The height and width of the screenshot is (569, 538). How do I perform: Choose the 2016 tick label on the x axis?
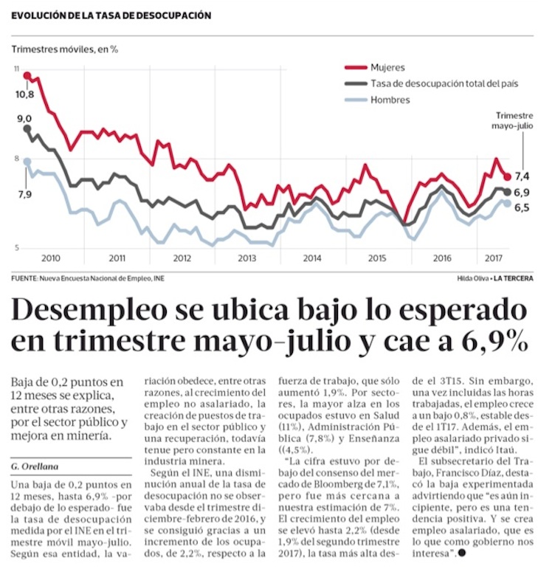coord(441,258)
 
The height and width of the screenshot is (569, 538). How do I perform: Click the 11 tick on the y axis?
coord(16,69)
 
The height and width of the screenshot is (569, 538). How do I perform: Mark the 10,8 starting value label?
coord(24,94)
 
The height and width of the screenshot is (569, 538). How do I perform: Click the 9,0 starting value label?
coord(24,119)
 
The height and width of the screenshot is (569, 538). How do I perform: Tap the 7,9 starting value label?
coord(24,194)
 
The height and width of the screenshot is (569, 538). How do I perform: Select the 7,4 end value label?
coord(523,176)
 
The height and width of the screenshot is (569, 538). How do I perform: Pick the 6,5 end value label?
coord(523,208)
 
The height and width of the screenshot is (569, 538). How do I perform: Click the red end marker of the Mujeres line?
coord(508,176)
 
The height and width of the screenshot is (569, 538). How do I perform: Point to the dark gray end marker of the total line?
coord(508,192)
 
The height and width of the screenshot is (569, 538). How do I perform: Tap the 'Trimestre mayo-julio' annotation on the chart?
coord(514,121)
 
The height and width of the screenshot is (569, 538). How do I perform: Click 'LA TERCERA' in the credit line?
coord(514,278)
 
